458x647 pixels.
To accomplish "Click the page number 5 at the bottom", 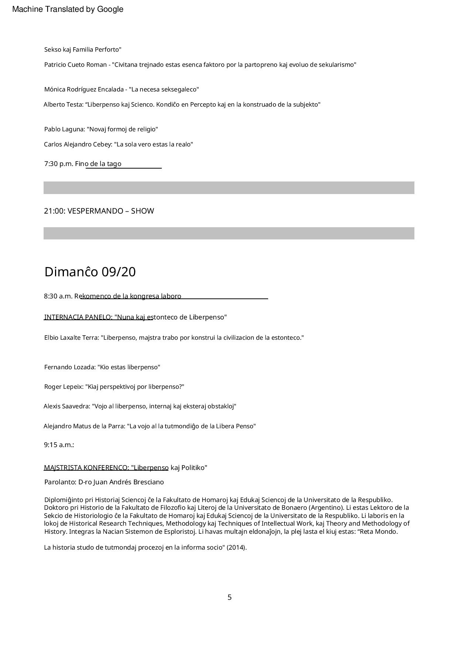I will click(x=229, y=597).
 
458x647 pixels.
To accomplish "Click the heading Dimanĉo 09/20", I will click(x=90, y=272).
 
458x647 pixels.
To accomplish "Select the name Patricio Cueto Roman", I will click(x=75, y=65).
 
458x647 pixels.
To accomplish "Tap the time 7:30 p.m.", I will click(x=58, y=164).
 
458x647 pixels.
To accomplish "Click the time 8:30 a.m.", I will click(x=58, y=296).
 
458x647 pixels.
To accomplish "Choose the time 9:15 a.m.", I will click(x=59, y=445).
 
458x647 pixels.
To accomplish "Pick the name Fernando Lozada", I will click(x=69, y=367).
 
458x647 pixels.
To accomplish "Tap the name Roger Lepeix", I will click(x=64, y=387).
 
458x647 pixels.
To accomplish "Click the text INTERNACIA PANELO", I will click(x=78, y=317).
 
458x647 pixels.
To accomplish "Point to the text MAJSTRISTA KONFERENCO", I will click(x=86, y=468).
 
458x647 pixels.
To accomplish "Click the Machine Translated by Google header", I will click(x=68, y=9).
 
